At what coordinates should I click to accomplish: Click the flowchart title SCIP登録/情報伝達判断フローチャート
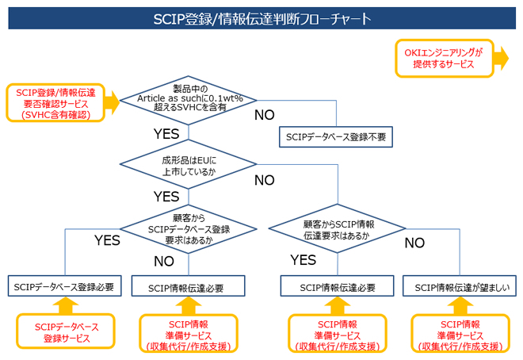[261, 17]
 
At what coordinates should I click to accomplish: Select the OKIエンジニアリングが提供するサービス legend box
[443, 58]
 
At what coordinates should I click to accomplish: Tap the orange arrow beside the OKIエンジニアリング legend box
[502, 58]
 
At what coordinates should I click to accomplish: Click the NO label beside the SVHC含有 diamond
[265, 116]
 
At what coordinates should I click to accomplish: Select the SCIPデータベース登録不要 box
[336, 136]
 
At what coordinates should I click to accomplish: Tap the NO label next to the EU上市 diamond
[265, 180]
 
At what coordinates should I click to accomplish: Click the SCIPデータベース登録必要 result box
[65, 287]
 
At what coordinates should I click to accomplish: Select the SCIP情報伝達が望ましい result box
[460, 287]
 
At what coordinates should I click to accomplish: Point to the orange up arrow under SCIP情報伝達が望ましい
[460, 305]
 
